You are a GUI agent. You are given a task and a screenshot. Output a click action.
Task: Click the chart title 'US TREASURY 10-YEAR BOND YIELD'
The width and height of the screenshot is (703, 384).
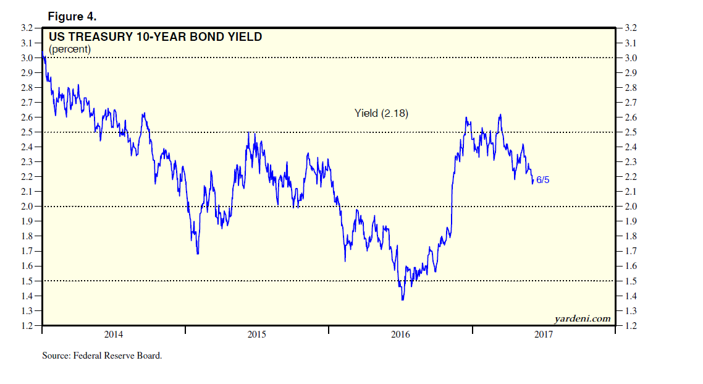tap(155, 37)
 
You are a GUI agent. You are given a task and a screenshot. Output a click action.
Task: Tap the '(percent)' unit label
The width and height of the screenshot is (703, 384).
tap(70, 49)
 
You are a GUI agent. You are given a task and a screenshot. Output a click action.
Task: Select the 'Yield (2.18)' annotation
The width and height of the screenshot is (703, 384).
tap(381, 113)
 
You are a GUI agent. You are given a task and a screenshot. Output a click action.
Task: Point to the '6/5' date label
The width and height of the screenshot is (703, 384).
tap(543, 179)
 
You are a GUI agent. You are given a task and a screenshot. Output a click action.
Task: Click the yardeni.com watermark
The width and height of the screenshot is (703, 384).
tap(583, 318)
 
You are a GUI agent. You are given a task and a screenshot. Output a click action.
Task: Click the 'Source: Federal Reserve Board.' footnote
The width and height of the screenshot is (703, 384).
tap(102, 356)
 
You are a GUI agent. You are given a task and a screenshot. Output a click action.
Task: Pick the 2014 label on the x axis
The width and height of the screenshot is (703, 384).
tap(113, 335)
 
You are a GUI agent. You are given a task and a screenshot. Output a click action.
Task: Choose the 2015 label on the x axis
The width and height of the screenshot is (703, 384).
tap(257, 335)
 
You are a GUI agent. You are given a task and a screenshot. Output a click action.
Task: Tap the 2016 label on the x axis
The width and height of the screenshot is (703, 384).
tap(400, 335)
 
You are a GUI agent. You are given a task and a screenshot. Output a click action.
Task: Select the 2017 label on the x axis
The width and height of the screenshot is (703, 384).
tap(544, 335)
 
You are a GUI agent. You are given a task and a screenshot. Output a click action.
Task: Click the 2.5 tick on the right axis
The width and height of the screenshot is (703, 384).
tap(631, 132)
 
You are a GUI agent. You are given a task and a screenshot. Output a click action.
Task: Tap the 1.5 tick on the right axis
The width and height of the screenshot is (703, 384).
tap(631, 281)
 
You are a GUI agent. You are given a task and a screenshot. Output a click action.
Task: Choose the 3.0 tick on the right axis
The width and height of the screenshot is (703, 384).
tap(631, 58)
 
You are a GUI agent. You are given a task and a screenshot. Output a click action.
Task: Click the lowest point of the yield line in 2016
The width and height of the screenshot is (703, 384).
tap(403, 301)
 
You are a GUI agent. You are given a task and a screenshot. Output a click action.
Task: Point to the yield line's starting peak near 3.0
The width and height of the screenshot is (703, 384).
tap(43, 57)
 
